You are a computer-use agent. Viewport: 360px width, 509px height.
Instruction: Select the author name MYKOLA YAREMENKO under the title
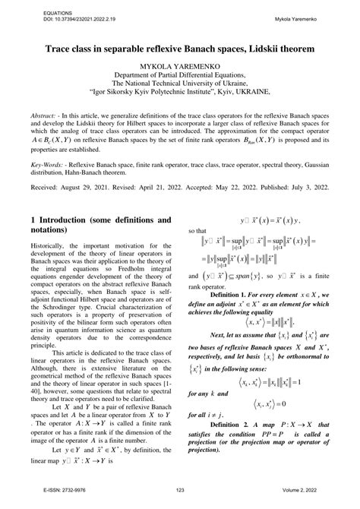179,66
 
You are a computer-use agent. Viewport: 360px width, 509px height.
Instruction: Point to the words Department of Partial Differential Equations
179,76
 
